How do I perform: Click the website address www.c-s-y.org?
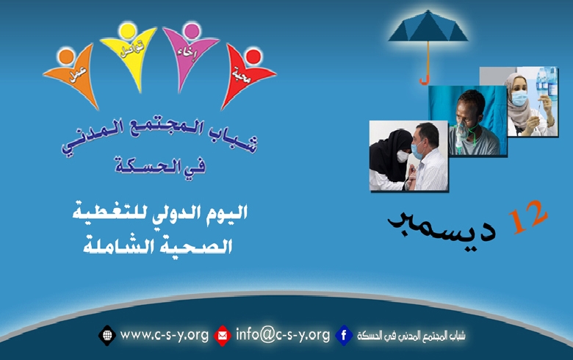coord(163,335)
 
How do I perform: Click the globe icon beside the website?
coord(107,336)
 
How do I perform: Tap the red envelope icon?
coord(223,336)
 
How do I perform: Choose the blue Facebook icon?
coord(344,336)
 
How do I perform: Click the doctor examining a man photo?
coord(408,156)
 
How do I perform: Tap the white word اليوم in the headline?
coord(225,215)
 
